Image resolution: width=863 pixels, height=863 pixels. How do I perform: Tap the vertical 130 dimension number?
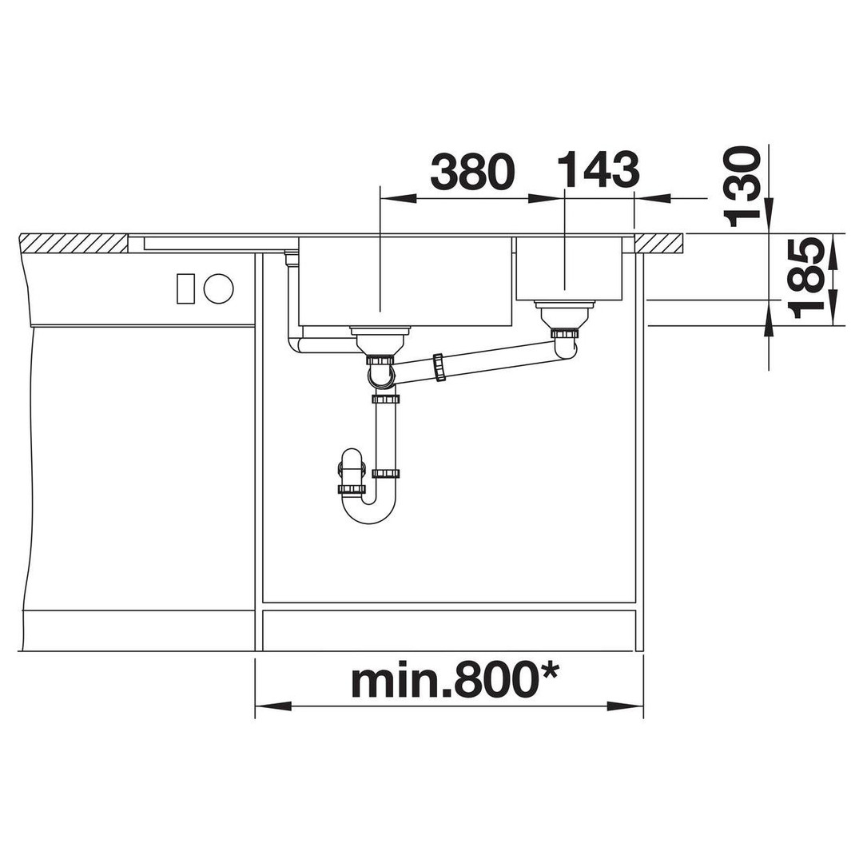point(743,186)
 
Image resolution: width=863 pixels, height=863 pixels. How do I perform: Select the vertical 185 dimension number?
point(807,280)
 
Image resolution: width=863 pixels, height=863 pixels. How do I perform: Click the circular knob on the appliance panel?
point(218,288)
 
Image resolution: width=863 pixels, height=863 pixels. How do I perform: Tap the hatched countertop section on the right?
point(659,243)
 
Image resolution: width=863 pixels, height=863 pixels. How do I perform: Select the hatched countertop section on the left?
point(74,243)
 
